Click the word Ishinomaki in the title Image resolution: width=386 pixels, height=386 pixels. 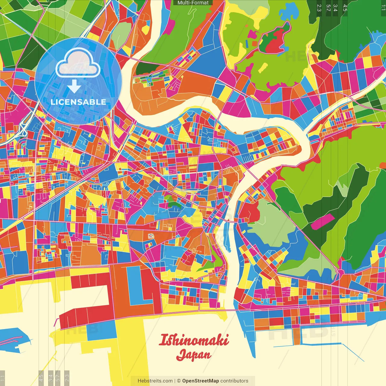point(193,340)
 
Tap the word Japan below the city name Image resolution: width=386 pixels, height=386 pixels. point(193,355)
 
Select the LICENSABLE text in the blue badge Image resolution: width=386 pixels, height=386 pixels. point(78,102)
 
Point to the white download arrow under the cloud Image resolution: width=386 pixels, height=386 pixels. point(74,86)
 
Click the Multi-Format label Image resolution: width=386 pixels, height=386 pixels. point(193,3)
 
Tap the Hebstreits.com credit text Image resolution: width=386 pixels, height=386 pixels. point(155,381)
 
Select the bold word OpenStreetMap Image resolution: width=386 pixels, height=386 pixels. point(201,381)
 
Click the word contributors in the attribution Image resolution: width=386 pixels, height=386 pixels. point(234,381)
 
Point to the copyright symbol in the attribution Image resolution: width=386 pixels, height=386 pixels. point(179,381)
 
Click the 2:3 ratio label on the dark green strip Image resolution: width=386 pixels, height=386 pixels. point(319,8)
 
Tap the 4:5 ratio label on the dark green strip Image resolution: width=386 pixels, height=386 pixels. point(345,8)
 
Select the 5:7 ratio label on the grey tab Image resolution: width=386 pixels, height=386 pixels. point(58,377)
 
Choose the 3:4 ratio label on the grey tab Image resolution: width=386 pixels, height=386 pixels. point(51,377)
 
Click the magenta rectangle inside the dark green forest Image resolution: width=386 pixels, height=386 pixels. point(322,222)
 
